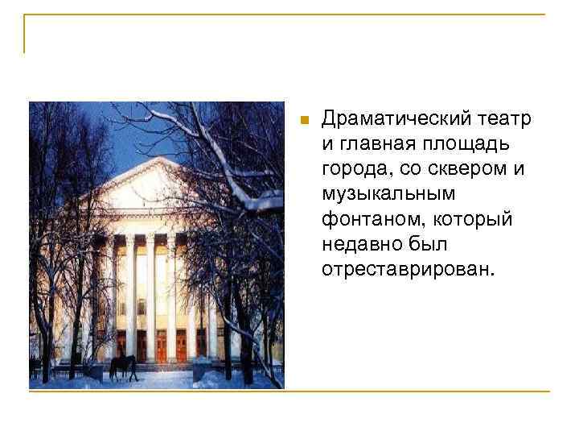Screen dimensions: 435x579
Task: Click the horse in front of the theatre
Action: pos(123,367)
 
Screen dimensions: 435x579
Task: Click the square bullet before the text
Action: pos(303,121)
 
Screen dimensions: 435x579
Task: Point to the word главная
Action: pos(377,144)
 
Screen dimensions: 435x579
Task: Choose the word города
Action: pos(354,169)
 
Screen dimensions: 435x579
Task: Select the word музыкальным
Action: pos(388,194)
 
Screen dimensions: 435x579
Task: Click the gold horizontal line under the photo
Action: pos(402,391)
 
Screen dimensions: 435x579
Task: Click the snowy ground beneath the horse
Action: pos(129,382)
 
